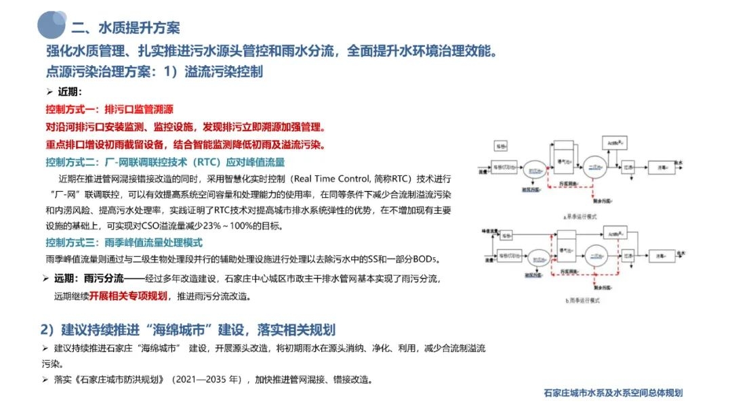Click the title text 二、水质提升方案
pos(125,28)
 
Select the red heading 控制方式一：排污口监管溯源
pos(109,109)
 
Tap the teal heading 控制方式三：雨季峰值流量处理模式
pos(124,242)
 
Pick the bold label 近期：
pos(70,92)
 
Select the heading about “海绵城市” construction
pos(188,330)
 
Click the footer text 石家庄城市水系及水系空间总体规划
pos(613,393)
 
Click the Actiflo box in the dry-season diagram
pos(614,143)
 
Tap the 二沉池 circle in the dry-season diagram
pos(597,165)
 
